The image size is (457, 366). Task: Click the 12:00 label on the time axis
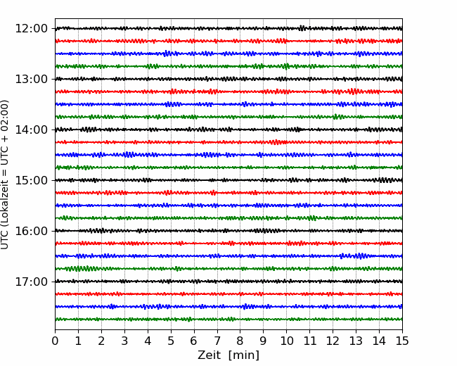click(x=31, y=29)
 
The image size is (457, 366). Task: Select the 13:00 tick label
click(x=31, y=79)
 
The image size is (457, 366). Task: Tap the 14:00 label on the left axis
click(x=31, y=130)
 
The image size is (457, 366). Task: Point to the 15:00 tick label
click(x=31, y=180)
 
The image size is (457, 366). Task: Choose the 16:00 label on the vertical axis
click(x=31, y=231)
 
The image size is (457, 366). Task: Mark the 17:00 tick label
click(x=31, y=282)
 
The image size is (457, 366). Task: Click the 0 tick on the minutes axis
click(x=55, y=341)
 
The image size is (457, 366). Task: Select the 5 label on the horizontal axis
click(x=171, y=341)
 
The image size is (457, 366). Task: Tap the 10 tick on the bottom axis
click(x=286, y=341)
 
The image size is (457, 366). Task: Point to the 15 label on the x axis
click(x=402, y=341)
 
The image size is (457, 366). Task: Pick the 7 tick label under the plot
click(x=217, y=341)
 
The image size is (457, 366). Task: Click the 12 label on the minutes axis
click(x=333, y=341)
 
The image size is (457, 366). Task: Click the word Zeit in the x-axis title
click(x=210, y=355)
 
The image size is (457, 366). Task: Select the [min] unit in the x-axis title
click(x=244, y=355)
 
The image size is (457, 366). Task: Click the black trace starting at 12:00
click(x=228, y=28)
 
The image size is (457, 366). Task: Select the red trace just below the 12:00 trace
click(x=228, y=41)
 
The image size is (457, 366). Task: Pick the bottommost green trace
click(x=228, y=320)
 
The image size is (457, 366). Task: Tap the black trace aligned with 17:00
click(x=228, y=282)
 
